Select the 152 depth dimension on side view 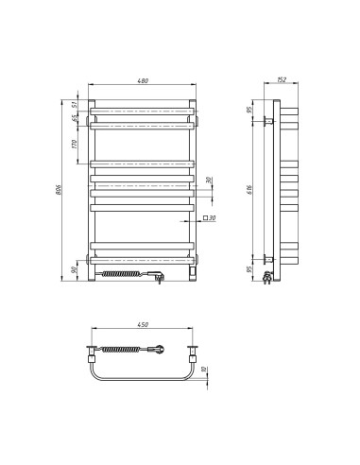click(x=280, y=82)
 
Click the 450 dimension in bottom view click(x=145, y=326)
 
